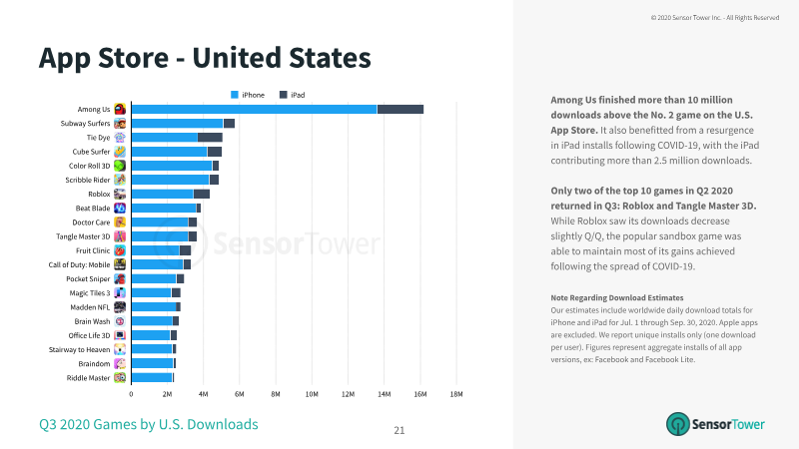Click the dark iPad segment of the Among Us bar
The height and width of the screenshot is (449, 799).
[x=400, y=110]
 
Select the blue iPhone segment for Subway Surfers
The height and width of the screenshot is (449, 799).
[x=178, y=123]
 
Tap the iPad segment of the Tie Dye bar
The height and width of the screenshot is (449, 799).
[x=210, y=138]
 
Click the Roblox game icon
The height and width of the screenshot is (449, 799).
[x=120, y=194]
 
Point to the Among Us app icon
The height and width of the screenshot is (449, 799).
[x=120, y=109]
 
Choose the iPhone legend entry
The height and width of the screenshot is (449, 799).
[x=248, y=95]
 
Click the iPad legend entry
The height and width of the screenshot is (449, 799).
[x=292, y=95]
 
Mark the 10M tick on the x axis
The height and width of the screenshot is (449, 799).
[x=312, y=394]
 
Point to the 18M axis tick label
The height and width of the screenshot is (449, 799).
[x=456, y=394]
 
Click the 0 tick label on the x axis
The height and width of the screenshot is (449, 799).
[x=131, y=394]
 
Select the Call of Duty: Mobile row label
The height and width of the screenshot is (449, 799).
[x=79, y=264]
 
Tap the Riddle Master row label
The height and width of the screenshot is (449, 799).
[x=88, y=378]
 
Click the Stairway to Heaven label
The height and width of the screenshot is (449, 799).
[x=80, y=350]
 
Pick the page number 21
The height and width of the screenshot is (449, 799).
[x=399, y=431]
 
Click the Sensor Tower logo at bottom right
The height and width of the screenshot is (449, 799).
[x=715, y=424]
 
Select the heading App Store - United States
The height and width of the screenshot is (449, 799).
[x=205, y=58]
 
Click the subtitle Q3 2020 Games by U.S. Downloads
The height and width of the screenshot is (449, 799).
[x=149, y=425]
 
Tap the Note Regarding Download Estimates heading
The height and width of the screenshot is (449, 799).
[x=617, y=297]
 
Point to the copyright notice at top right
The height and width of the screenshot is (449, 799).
[x=715, y=18]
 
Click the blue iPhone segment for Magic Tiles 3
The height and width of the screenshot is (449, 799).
[x=152, y=292]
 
